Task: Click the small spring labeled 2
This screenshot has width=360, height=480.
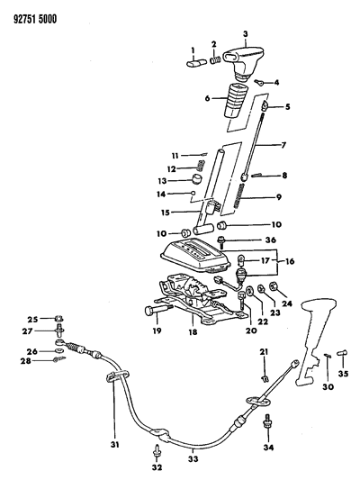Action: [216, 61]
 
